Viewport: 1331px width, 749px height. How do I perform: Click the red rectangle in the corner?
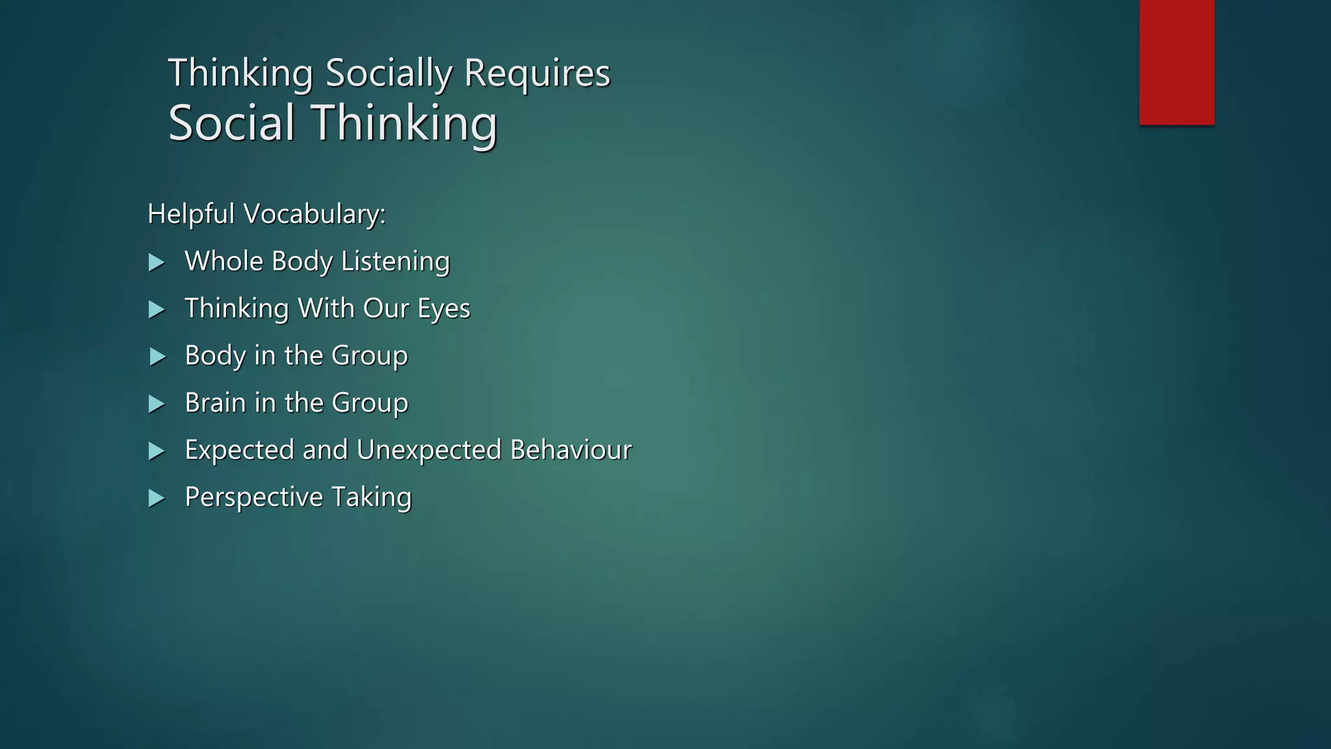1176,62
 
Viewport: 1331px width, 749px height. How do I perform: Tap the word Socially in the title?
388,73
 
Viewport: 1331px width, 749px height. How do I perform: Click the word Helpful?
191,214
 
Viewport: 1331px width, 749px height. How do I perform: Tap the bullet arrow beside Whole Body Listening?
156,263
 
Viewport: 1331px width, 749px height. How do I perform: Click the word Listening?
395,261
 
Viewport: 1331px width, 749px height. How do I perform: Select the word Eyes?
444,309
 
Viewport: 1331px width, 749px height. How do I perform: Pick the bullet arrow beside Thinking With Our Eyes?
156,309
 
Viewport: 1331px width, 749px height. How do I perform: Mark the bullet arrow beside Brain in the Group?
156,404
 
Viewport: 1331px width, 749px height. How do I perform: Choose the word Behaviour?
571,450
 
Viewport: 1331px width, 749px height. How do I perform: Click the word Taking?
371,497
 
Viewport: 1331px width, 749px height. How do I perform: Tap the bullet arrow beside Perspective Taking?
156,499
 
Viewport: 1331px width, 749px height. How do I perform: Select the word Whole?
224,261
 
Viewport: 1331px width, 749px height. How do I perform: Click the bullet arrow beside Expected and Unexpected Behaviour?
156,451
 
